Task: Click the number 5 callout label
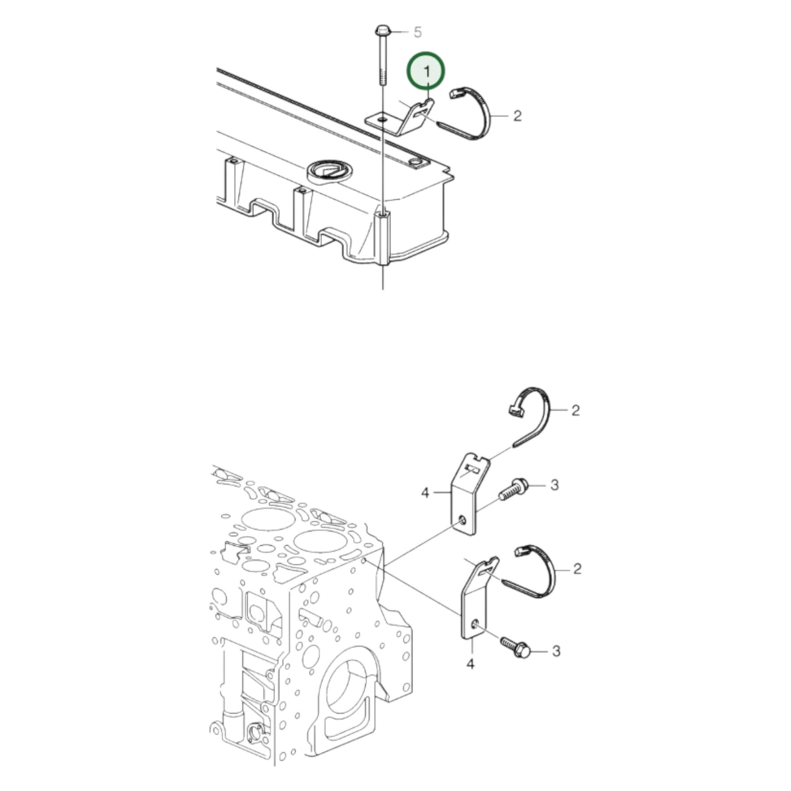417,33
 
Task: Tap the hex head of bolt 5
381,29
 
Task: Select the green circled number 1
426,71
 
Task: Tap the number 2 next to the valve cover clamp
517,116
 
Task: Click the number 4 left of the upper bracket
426,493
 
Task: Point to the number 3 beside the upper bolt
554,485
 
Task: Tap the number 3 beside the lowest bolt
556,651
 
